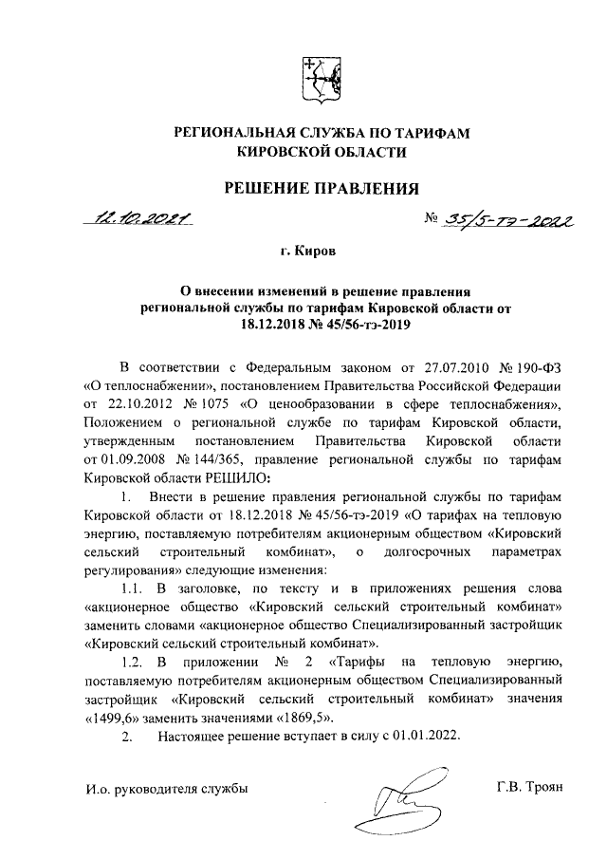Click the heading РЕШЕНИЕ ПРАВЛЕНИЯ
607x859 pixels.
[x=321, y=189]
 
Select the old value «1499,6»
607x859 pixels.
[x=115, y=717]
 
